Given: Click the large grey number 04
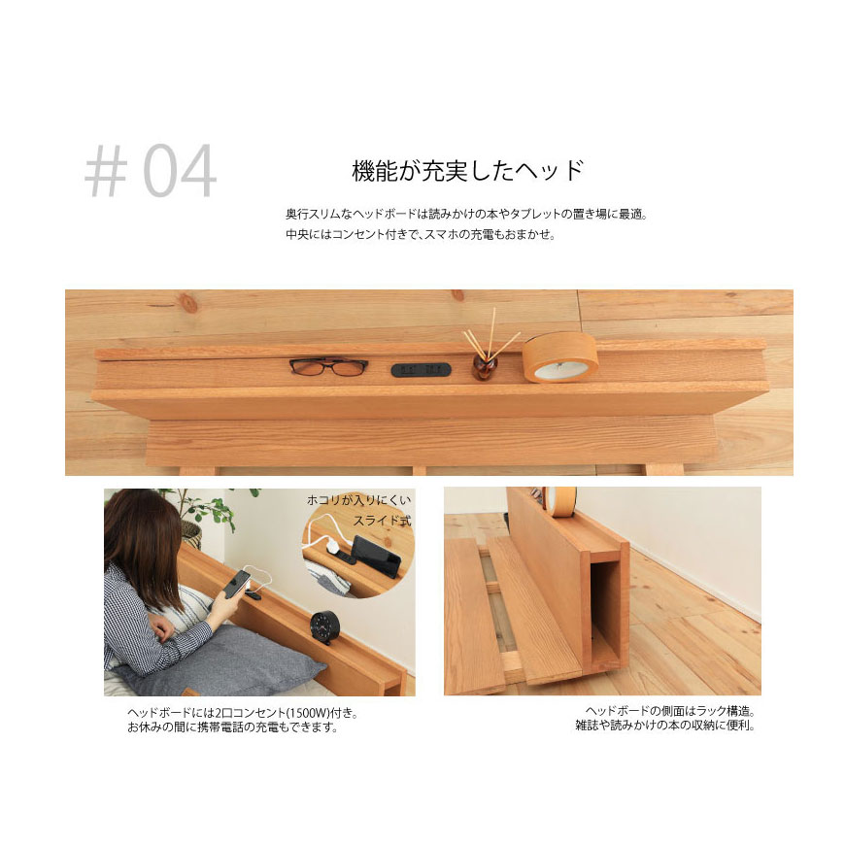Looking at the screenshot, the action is [x=180, y=171].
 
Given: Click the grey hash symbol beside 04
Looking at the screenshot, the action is [x=106, y=172].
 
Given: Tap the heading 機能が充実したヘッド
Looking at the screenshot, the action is [x=468, y=171].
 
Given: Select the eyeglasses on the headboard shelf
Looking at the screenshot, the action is [x=328, y=366].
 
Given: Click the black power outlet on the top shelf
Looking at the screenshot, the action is [x=421, y=370].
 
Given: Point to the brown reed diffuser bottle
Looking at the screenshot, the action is [x=483, y=366].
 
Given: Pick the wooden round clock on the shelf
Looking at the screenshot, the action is [x=560, y=357].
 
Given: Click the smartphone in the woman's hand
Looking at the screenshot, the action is [x=236, y=584].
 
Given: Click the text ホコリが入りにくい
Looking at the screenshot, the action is [x=359, y=500].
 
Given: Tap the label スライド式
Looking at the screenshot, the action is [x=382, y=521].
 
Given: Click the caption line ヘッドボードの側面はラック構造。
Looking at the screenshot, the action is [x=670, y=711].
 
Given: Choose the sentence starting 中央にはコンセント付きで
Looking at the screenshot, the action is [x=421, y=234].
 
